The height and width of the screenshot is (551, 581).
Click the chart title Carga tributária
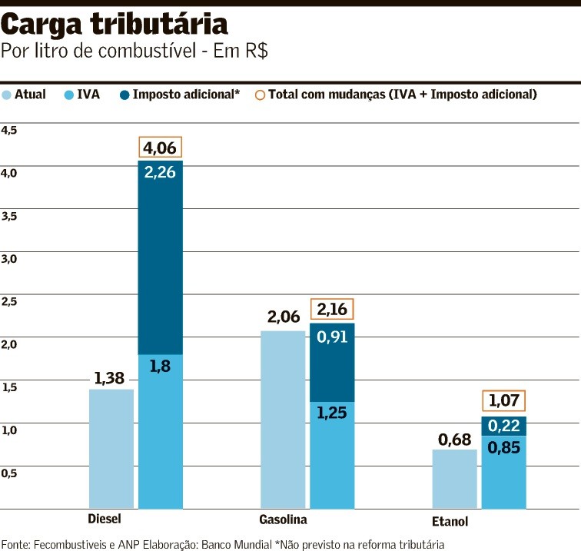pyautogui.click(x=115, y=26)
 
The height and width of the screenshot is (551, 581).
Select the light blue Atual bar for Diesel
pyautogui.click(x=111, y=449)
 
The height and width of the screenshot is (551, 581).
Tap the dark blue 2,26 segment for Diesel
pyautogui.click(x=161, y=257)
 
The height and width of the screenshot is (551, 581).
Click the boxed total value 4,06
pyautogui.click(x=161, y=147)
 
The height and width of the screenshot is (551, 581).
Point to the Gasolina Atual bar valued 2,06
pyautogui.click(x=283, y=420)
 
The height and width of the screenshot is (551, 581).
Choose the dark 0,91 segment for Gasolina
pyautogui.click(x=332, y=362)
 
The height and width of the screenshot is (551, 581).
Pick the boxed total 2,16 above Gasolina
pyautogui.click(x=332, y=310)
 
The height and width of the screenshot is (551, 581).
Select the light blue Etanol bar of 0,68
pyautogui.click(x=454, y=479)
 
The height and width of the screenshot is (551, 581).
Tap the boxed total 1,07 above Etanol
pyautogui.click(x=504, y=400)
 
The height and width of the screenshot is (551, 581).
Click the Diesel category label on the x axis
pyautogui.click(x=105, y=519)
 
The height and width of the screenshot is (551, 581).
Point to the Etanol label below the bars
pyautogui.click(x=450, y=522)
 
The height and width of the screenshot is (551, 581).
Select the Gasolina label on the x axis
pyautogui.click(x=283, y=519)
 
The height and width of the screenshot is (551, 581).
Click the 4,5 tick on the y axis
pyautogui.click(x=9, y=131)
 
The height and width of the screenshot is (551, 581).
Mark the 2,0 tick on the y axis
pyautogui.click(x=9, y=344)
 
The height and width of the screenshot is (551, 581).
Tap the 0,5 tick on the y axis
pyautogui.click(x=9, y=473)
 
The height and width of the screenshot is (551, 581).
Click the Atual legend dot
pyautogui.click(x=7, y=95)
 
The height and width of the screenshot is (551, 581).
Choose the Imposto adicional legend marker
pyautogui.click(x=124, y=95)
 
